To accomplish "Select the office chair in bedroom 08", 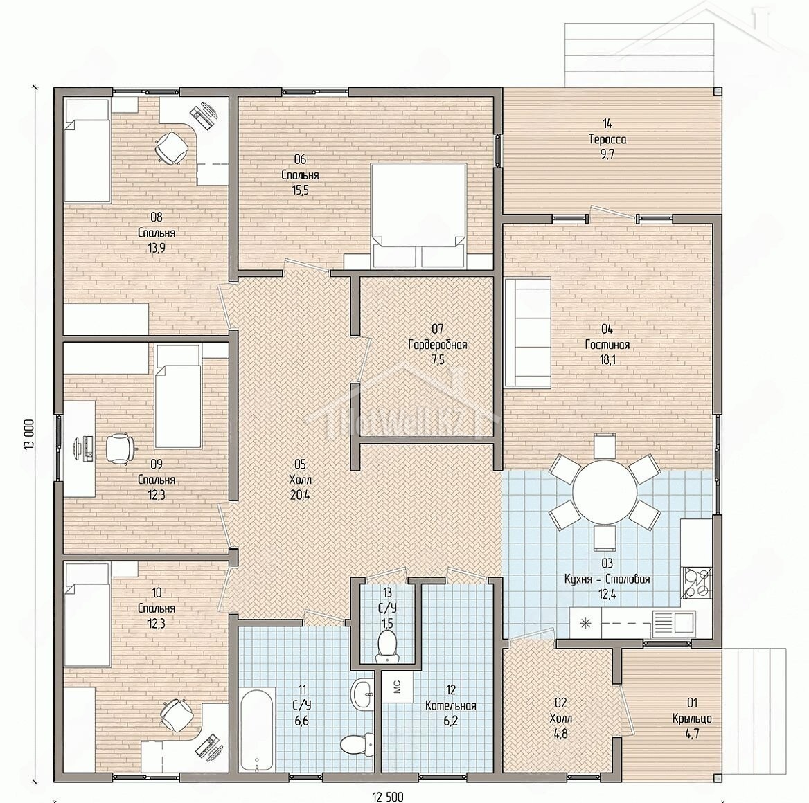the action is click(171, 147).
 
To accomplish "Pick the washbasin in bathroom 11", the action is click(364, 694).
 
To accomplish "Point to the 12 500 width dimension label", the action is click(387, 797).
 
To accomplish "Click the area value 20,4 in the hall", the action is click(301, 495).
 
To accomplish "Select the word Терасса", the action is click(607, 139).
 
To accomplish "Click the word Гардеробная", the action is click(438, 345).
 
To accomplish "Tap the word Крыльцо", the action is click(692, 719).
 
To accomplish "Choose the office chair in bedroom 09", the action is click(121, 449).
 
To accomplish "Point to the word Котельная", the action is click(450, 705).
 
